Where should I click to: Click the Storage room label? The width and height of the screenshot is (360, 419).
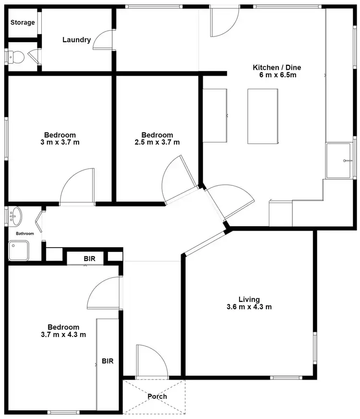pos(23,23)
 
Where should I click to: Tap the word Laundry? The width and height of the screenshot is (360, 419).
pos(76,40)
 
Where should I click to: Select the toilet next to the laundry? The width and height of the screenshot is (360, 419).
pos(16,57)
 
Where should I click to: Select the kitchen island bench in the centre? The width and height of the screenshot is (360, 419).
pos(263,116)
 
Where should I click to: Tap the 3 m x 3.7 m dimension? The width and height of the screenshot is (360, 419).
pos(60,142)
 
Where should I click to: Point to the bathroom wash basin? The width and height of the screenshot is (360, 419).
pos(15,216)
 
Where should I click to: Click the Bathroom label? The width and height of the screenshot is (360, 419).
pos(24,234)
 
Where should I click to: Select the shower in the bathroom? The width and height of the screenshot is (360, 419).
pos(18,251)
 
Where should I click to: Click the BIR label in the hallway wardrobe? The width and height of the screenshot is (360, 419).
pos(90,259)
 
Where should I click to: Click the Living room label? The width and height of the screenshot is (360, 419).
pos(250,299)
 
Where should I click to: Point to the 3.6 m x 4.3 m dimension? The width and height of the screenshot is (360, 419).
pos(249,307)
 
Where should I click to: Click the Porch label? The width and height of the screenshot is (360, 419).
pos(157,396)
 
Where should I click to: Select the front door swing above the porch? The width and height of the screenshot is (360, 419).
pos(151,360)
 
